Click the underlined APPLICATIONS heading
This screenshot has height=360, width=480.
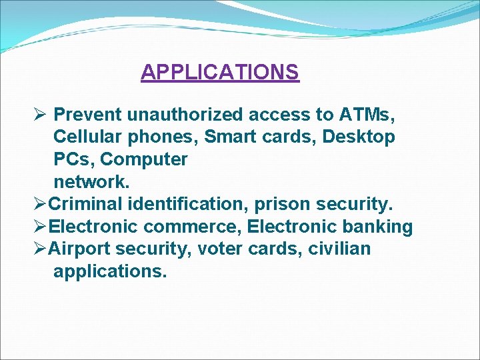point(220,71)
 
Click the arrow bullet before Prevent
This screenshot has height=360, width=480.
point(39,115)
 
